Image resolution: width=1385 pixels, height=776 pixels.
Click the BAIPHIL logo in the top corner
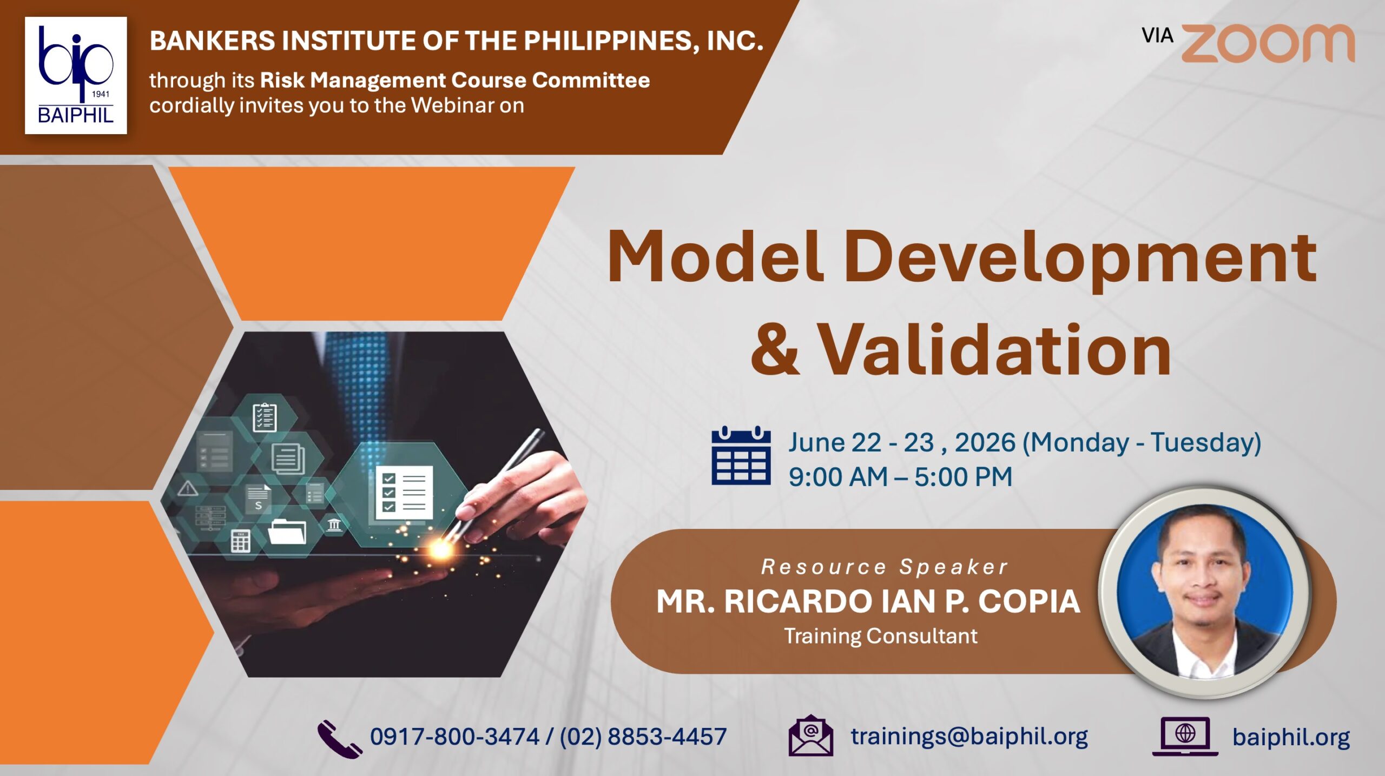(x=76, y=75)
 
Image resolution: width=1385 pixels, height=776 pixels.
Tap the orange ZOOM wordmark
(x=1268, y=43)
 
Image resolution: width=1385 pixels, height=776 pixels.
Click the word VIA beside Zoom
(x=1157, y=36)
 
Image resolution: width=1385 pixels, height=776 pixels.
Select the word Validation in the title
(x=994, y=349)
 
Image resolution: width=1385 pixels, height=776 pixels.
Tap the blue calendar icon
(x=741, y=455)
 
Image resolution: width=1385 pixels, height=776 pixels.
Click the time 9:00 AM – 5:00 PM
(x=900, y=477)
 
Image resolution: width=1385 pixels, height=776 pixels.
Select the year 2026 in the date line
(x=985, y=442)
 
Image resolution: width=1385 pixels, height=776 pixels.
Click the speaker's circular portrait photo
(x=1205, y=591)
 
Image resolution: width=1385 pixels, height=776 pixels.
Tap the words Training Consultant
(x=881, y=636)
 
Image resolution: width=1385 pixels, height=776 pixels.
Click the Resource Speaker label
(x=885, y=567)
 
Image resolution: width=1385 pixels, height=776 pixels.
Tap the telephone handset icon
(x=339, y=739)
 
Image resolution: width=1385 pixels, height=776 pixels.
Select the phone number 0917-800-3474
(x=454, y=737)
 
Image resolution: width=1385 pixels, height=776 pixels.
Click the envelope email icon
(x=810, y=735)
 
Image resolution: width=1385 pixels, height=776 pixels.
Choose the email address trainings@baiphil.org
(x=969, y=737)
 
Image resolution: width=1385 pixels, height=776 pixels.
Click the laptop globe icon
(x=1185, y=736)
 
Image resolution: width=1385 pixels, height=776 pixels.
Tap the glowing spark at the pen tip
(x=441, y=549)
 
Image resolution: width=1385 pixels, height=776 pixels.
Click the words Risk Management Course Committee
(x=455, y=80)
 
